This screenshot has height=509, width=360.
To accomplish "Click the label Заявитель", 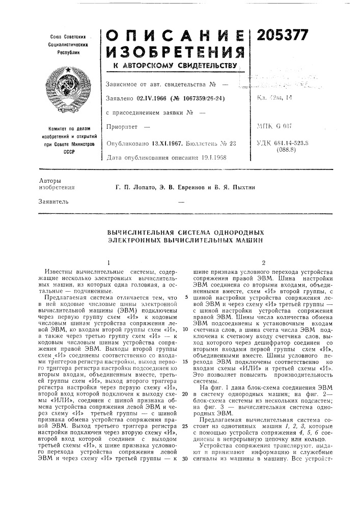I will (53, 202).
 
